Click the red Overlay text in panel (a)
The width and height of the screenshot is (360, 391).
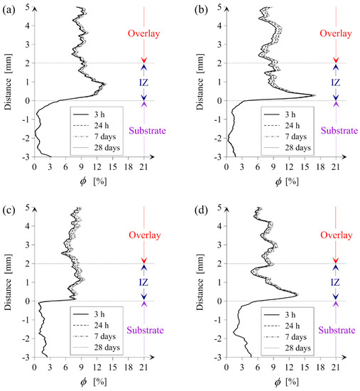(144, 33)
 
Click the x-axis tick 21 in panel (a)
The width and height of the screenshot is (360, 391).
(143, 168)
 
